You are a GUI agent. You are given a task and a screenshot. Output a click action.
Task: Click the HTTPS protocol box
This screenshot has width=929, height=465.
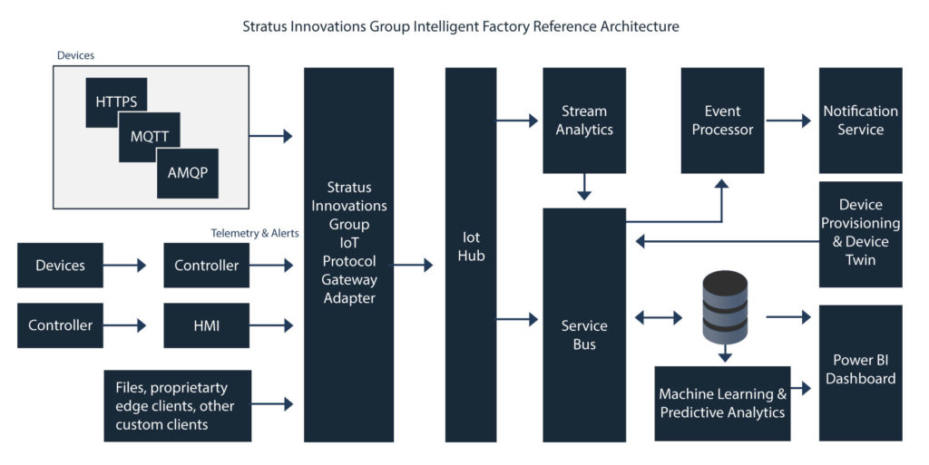(116, 101)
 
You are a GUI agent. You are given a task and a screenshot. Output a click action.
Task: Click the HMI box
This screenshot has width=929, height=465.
(206, 325)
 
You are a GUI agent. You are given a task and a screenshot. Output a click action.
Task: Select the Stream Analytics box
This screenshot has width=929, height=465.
(584, 120)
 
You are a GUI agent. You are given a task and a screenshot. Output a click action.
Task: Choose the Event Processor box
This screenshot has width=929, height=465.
(722, 120)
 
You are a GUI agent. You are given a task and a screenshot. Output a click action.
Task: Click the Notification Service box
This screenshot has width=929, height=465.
(860, 120)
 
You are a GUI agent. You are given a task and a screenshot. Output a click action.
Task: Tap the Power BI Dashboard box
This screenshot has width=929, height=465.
(860, 372)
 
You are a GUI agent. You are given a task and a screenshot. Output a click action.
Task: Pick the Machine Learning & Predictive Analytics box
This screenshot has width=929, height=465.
(722, 403)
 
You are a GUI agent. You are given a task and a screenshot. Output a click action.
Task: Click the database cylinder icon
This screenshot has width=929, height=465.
(726, 308)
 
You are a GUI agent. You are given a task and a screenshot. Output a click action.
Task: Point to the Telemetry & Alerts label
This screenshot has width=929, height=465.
(255, 233)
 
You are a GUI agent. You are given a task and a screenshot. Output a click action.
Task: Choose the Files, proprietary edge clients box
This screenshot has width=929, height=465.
(177, 405)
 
